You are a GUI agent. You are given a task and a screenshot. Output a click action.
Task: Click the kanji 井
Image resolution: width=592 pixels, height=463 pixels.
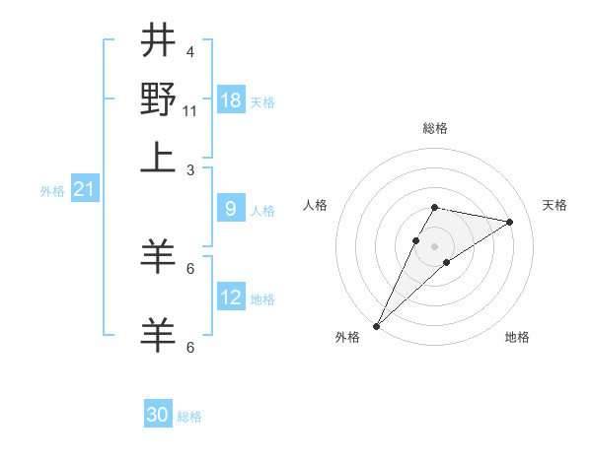pyautogui.click(x=159, y=41)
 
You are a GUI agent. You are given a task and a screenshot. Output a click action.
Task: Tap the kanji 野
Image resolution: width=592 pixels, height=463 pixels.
pyautogui.click(x=159, y=99)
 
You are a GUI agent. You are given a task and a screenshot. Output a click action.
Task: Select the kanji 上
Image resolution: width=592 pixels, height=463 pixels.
pyautogui.click(x=159, y=157)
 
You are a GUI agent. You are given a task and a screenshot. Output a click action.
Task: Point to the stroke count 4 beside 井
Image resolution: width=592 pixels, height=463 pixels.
pyautogui.click(x=189, y=51)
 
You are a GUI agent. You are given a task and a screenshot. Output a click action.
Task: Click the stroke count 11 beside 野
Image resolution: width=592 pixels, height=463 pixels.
pyautogui.click(x=190, y=110)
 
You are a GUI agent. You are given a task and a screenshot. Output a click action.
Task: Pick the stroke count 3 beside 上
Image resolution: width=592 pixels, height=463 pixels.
pyautogui.click(x=189, y=169)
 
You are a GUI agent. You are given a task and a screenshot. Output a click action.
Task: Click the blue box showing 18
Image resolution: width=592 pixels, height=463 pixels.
pyautogui.click(x=231, y=100)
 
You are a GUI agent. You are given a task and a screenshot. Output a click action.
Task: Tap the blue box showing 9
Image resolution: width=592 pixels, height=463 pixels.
pyautogui.click(x=231, y=209)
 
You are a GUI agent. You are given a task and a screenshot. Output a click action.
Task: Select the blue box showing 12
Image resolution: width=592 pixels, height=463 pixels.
pyautogui.click(x=231, y=298)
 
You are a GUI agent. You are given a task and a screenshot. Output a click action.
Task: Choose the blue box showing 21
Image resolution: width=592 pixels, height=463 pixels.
pyautogui.click(x=83, y=189)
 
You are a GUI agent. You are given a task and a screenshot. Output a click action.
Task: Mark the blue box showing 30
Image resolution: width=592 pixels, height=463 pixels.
pyautogui.click(x=158, y=416)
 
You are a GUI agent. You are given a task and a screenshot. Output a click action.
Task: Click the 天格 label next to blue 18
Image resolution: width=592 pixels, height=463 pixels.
pyautogui.click(x=262, y=102)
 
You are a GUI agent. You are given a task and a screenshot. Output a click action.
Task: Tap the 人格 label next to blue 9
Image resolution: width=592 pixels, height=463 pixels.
pyautogui.click(x=262, y=211)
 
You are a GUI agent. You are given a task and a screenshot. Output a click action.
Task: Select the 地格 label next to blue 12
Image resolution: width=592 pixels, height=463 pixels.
pyautogui.click(x=262, y=299)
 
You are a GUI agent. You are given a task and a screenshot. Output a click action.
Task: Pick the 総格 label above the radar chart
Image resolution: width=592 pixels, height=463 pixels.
pyautogui.click(x=435, y=128)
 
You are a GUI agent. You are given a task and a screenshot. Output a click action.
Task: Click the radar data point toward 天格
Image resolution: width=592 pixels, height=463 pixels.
pyautogui.click(x=510, y=222)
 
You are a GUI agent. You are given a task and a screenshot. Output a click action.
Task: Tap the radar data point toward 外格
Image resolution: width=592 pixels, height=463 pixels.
pyautogui.click(x=376, y=325)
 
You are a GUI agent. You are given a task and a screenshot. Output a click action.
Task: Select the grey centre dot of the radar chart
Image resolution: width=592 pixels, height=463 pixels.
pyautogui.click(x=435, y=246)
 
